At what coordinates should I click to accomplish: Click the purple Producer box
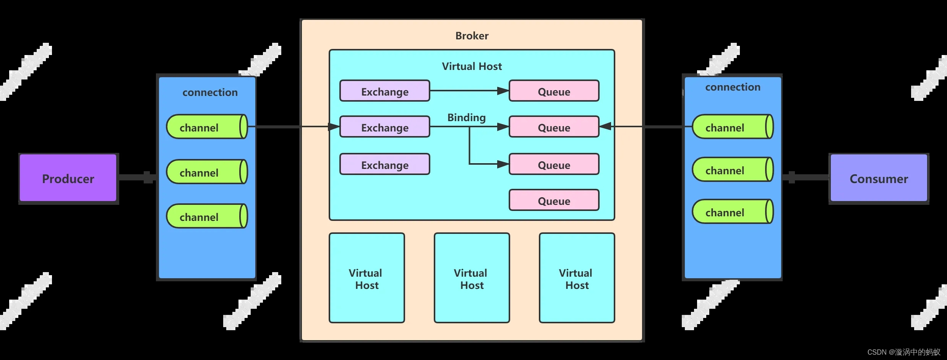click(68, 178)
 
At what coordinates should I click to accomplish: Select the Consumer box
click(879, 178)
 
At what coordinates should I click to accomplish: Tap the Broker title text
click(472, 36)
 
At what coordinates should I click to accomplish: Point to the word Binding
click(466, 117)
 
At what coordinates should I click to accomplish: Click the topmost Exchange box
click(384, 91)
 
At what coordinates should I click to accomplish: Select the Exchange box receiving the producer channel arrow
click(384, 127)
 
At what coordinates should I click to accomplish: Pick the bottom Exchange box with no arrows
click(384, 164)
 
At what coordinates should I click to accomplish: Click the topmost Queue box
click(554, 91)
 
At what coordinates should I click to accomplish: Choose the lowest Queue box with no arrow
click(554, 200)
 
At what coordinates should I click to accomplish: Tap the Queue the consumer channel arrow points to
click(554, 127)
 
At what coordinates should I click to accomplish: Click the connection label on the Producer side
click(210, 92)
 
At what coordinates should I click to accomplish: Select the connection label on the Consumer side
click(733, 87)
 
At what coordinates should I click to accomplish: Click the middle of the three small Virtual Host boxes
click(472, 278)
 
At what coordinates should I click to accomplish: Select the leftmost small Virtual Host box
click(366, 278)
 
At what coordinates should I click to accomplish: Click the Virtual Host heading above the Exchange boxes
click(472, 66)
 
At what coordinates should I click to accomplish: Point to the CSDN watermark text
click(903, 352)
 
